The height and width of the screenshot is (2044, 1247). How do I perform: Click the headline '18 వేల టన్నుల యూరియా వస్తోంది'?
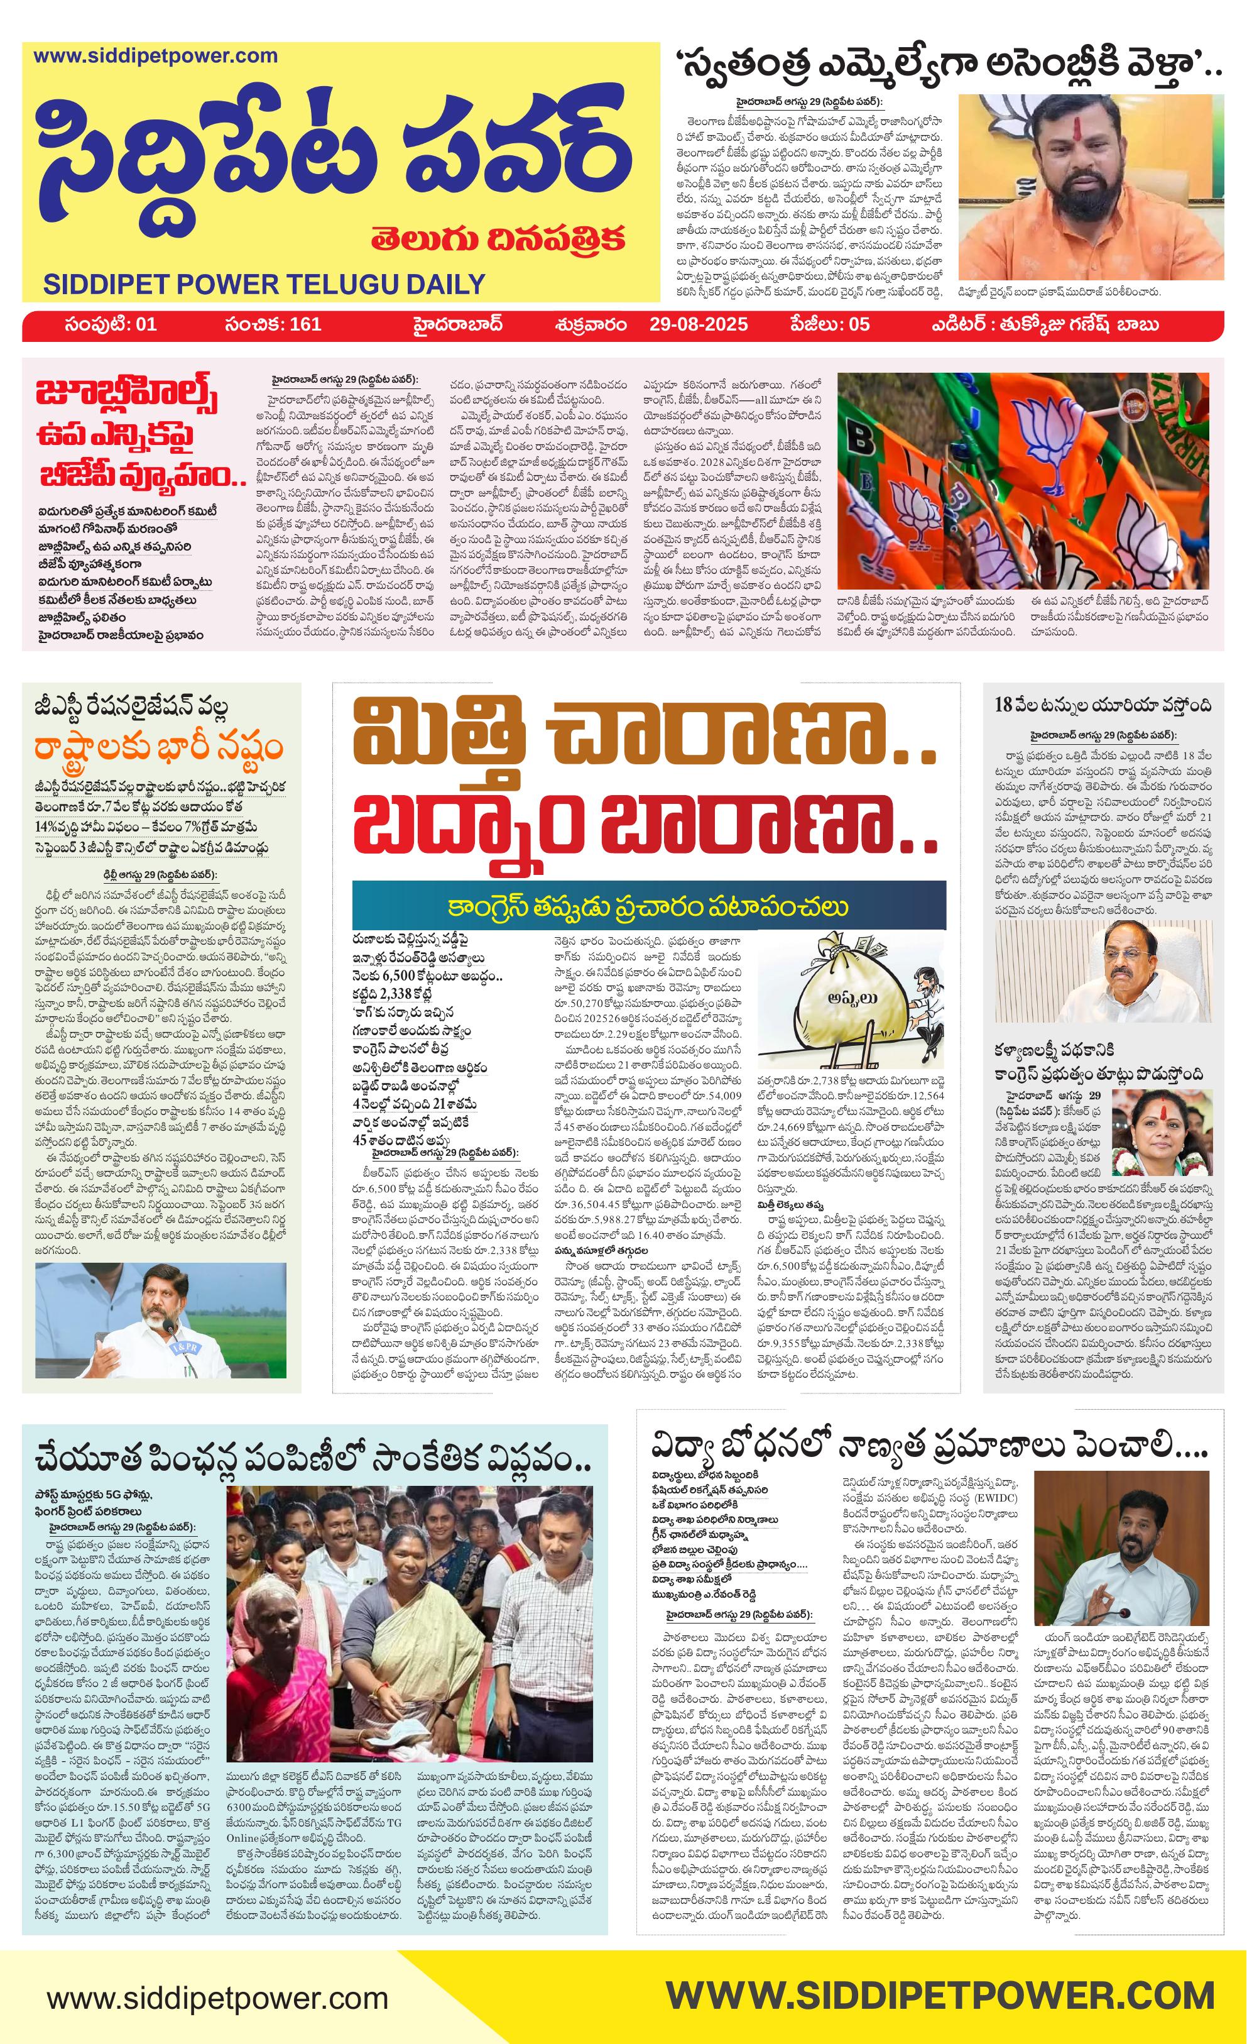coord(1103,705)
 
